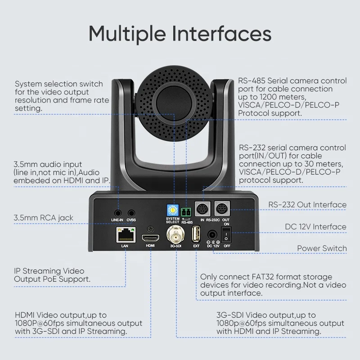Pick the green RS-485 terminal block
pos(186,211)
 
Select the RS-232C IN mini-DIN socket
pos(203,208)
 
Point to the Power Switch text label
pos(322,248)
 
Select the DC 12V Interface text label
pos(315,226)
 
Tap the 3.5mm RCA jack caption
pos(44,218)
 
